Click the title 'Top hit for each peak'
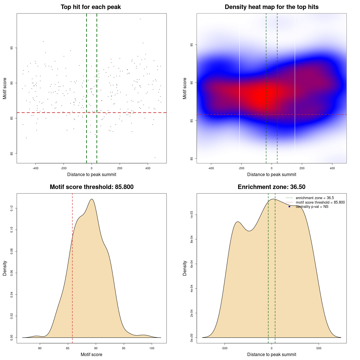[91, 7]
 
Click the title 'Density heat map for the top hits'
[271, 7]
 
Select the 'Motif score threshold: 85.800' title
[91, 187]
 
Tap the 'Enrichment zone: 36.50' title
[271, 187]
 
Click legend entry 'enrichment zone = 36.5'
[315, 198]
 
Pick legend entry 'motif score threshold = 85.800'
[320, 202]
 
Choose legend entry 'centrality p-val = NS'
[312, 207]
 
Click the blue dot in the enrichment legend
[289, 207]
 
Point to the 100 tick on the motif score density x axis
[152, 348]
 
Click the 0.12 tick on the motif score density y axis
[12, 208]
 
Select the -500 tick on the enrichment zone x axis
[224, 348]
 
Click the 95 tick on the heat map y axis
[192, 45]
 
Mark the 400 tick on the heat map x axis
[332, 168]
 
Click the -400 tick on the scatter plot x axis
[35, 168]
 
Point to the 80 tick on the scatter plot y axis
[12, 153]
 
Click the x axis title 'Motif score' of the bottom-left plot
[91, 355]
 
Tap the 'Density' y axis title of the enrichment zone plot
[185, 268]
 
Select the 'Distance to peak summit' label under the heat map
[271, 175]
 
